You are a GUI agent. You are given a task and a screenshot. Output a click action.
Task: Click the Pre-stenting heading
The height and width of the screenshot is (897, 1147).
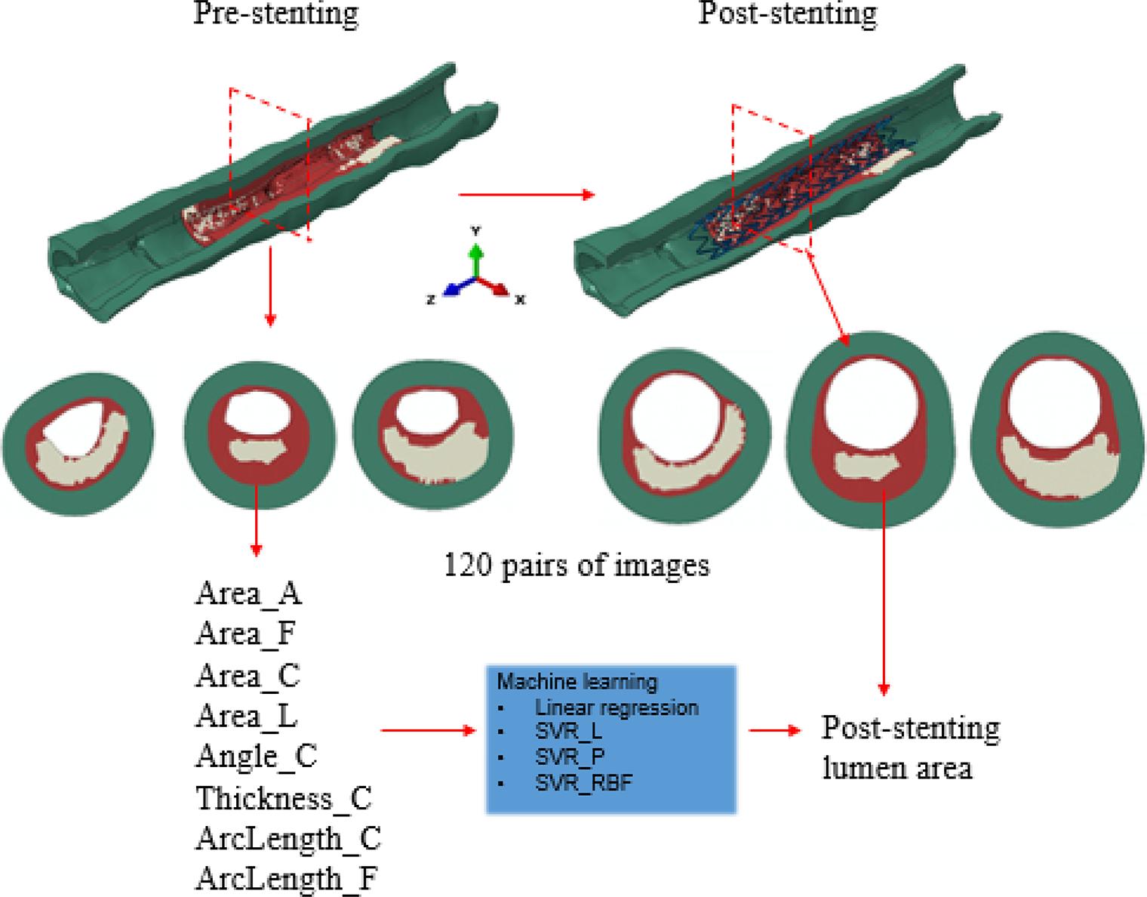tap(275, 14)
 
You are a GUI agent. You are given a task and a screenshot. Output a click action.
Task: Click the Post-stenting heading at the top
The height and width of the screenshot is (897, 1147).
tap(788, 14)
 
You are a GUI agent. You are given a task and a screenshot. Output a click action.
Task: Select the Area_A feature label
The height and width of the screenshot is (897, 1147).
tap(248, 593)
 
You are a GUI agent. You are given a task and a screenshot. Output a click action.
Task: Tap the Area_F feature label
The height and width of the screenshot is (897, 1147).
tap(244, 633)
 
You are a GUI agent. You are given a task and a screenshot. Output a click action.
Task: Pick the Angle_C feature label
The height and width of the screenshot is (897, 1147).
tap(256, 755)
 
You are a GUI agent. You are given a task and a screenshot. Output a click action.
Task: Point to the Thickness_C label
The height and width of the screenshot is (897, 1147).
tap(284, 797)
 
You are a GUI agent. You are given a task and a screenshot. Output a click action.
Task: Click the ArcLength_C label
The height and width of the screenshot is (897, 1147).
tap(288, 838)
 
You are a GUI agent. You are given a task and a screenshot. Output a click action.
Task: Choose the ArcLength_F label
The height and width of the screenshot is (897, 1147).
tap(286, 879)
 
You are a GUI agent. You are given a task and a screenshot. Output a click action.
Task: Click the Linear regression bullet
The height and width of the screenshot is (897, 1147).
tap(617, 707)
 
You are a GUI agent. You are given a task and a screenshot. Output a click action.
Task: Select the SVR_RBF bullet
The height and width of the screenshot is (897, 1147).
tap(583, 782)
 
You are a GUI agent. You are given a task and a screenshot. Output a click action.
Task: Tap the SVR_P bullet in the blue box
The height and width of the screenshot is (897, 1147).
tap(570, 757)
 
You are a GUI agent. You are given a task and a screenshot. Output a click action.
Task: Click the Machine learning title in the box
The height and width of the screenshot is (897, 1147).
tap(577, 681)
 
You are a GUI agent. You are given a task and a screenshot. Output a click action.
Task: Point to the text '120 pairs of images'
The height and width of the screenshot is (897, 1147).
tap(577, 565)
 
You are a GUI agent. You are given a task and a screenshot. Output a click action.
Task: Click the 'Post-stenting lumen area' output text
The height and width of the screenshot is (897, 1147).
tap(910, 748)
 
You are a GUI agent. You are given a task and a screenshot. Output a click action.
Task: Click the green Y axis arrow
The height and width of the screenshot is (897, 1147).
tap(475, 257)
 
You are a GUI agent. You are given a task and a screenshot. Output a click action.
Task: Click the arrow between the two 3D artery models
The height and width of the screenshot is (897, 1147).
tap(526, 195)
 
